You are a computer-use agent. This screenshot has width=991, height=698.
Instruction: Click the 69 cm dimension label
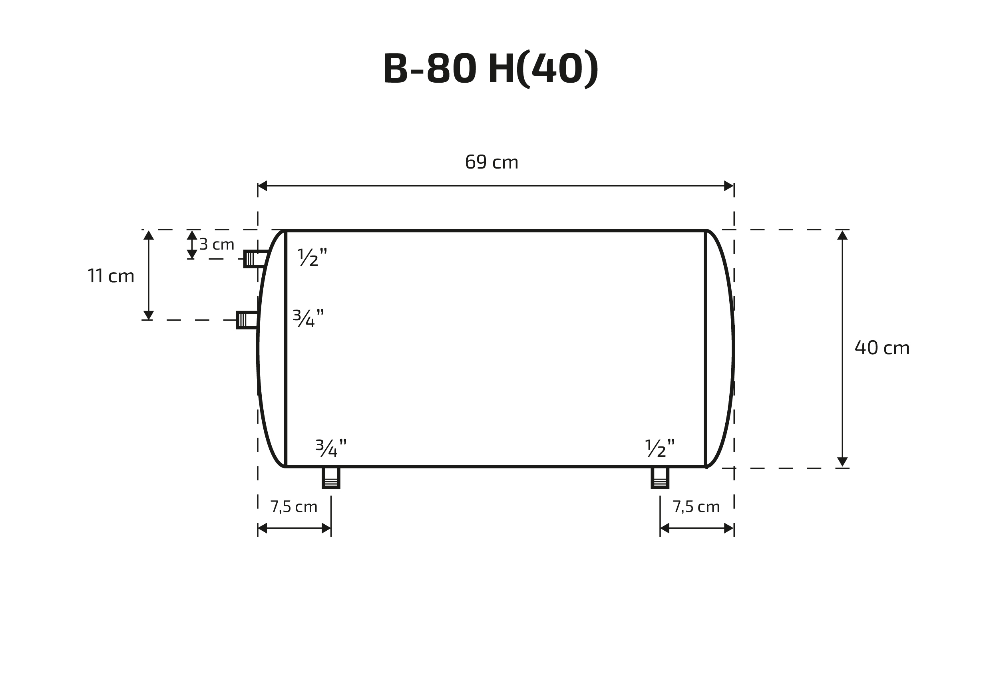492,162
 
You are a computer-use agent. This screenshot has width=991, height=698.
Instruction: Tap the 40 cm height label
882,348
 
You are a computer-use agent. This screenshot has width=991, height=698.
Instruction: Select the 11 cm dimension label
111,276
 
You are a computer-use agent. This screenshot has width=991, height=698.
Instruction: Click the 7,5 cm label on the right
696,506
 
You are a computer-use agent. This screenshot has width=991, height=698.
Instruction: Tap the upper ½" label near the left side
312,257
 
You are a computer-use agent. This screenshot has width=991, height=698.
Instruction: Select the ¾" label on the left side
308,318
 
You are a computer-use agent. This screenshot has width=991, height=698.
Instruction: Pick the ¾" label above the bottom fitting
331,448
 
